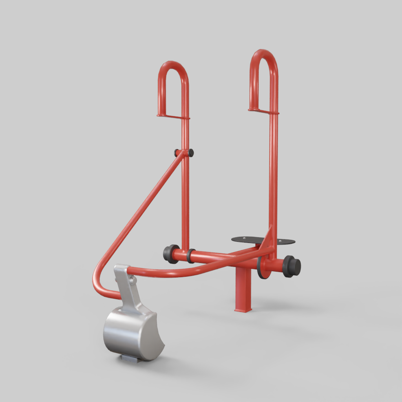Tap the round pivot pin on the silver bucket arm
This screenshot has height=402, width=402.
pyautogui.click(x=133, y=280)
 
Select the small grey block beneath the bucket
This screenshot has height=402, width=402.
pyautogui.click(x=129, y=358)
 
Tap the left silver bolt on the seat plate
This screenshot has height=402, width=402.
pyautogui.click(x=243, y=238)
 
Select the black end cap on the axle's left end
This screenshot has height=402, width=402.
pyautogui.click(x=170, y=254)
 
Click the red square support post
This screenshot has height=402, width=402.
pyautogui.click(x=243, y=291)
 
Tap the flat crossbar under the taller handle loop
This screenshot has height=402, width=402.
pyautogui.click(x=263, y=111)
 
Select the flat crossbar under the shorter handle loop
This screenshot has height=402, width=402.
pyautogui.click(x=173, y=116)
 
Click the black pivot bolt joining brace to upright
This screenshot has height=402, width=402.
pyautogui.click(x=190, y=153)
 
